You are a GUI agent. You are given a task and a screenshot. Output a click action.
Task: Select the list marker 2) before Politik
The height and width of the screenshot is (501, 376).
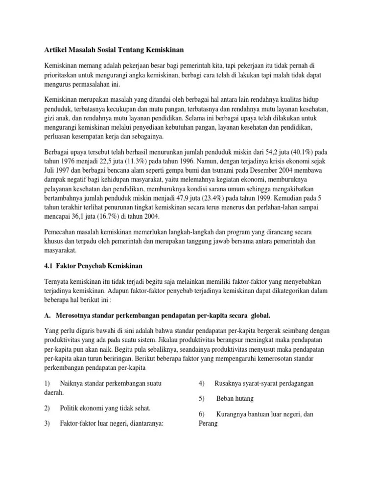pos(47,408)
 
